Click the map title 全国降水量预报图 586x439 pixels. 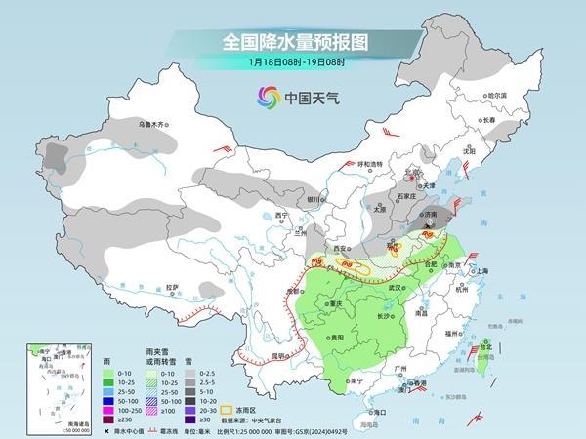[293, 43]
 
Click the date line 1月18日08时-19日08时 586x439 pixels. [292, 63]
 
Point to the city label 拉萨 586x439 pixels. [172, 287]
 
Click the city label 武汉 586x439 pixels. [396, 288]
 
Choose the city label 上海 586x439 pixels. [479, 269]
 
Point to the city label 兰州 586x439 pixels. [300, 233]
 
